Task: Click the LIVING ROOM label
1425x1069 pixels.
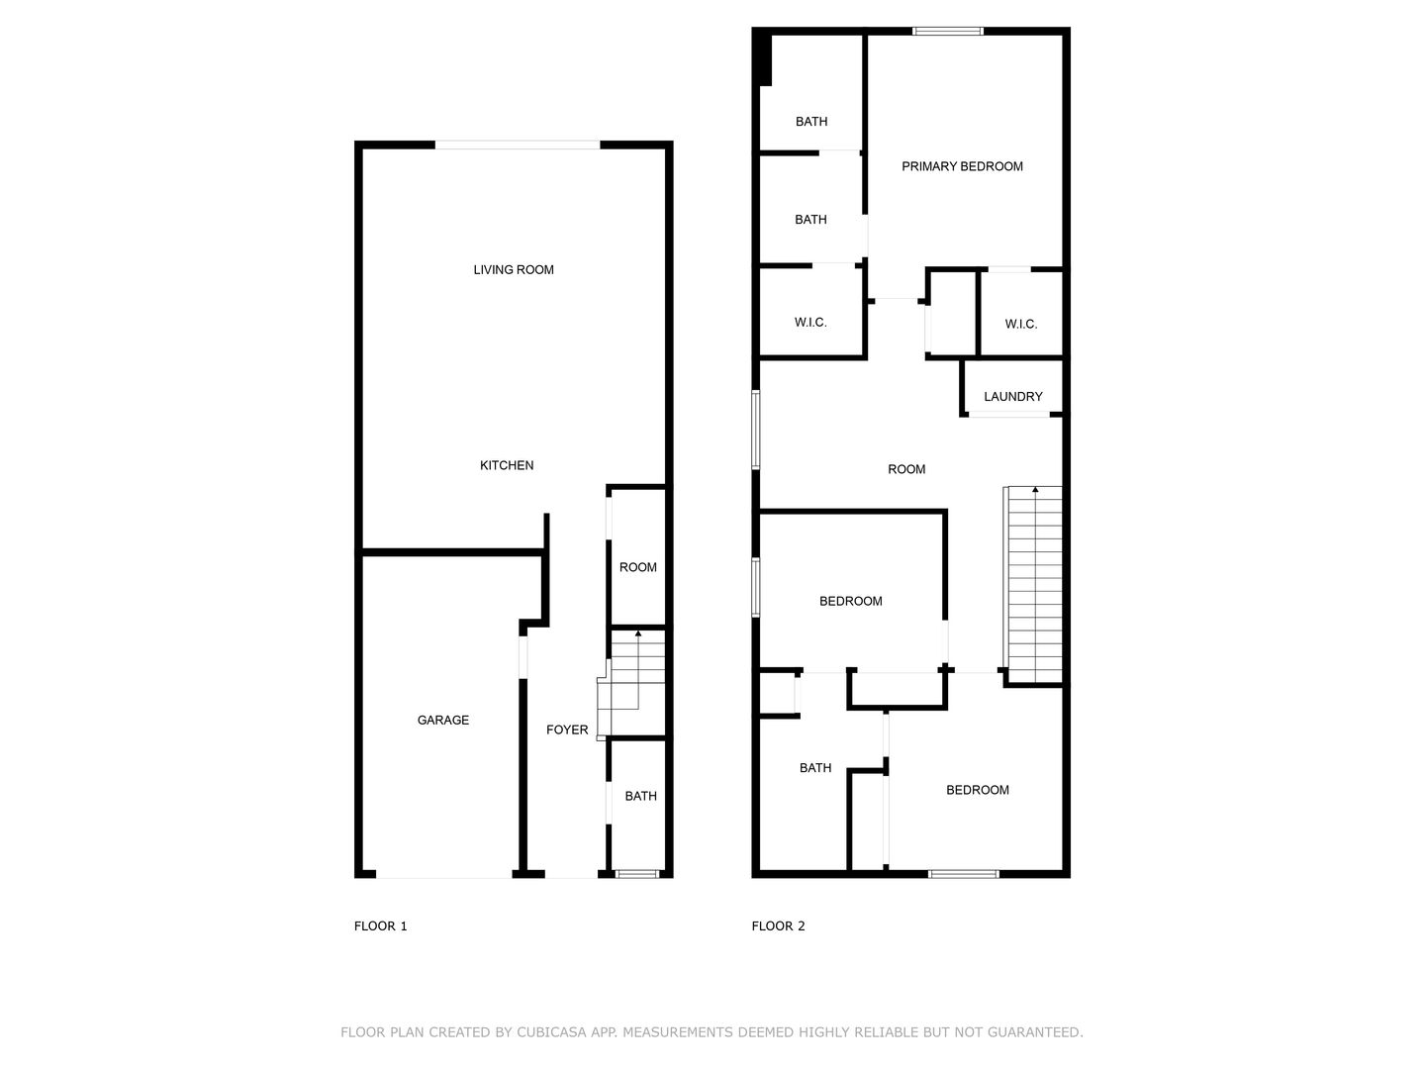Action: coord(514,270)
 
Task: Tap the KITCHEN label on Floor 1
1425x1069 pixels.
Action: coord(507,465)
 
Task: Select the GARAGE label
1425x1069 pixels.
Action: coord(442,720)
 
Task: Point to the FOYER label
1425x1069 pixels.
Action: coord(567,729)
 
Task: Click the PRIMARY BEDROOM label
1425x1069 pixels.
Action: coord(962,167)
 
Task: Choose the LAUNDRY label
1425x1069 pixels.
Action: coord(1012,397)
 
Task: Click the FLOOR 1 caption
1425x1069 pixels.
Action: coord(380,926)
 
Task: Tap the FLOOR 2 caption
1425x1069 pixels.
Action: coord(778,926)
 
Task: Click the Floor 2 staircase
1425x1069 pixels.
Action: coord(1033,585)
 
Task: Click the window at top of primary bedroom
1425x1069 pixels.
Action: coord(948,31)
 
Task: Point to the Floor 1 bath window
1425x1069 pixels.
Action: coord(637,874)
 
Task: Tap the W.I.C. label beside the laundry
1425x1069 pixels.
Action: coord(1020,324)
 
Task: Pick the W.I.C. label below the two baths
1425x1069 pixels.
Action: coord(810,323)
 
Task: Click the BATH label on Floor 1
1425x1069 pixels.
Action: coord(641,797)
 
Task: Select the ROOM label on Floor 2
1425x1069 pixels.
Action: coord(906,469)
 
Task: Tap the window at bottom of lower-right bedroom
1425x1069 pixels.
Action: coord(964,874)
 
